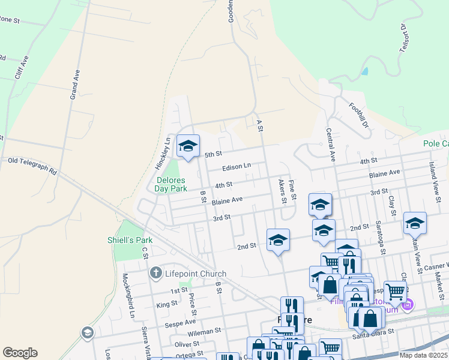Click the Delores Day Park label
[172, 184]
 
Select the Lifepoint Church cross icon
[155, 274]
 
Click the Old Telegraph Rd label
[32, 166]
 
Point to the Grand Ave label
[75, 85]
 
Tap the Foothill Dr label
[358, 115]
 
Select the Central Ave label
[330, 144]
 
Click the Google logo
[20, 353]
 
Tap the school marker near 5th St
[188, 146]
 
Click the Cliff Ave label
[22, 68]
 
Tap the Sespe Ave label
[180, 322]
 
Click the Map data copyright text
[423, 355]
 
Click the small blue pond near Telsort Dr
[366, 71]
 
